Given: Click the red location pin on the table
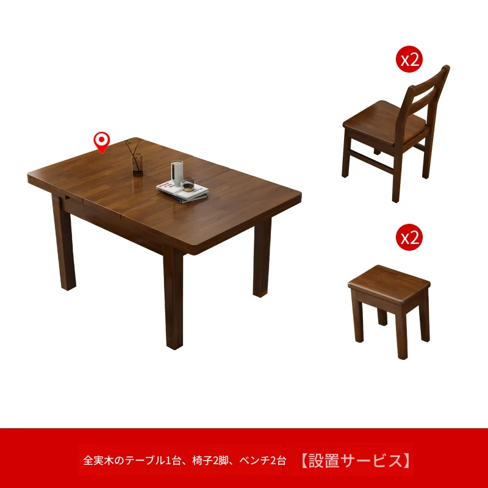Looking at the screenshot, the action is point(102,142).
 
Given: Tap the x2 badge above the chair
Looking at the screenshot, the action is point(409,59).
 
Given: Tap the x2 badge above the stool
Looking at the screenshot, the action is point(409,237).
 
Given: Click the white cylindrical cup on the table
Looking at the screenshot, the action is point(177,173).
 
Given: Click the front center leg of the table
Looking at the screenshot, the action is point(174,297).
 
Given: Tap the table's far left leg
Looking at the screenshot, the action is point(63,243).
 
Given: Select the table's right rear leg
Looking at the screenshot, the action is point(262,257).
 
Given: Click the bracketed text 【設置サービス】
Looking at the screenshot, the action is point(355,461).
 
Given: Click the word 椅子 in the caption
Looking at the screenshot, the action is point(203,461).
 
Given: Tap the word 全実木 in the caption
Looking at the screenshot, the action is point(98,461).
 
